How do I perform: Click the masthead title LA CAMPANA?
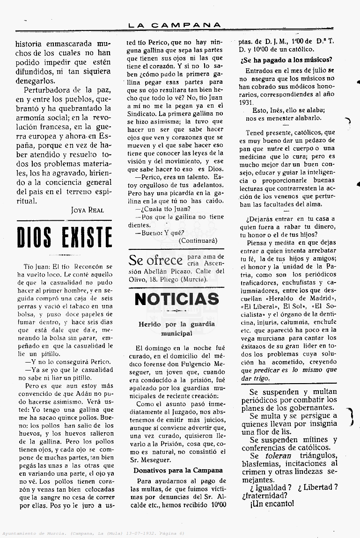pyautogui.click(x=175, y=25)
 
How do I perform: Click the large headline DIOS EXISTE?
pyautogui.click(x=64, y=237)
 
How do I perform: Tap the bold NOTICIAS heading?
pyautogui.click(x=176, y=298)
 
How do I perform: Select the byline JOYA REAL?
pyautogui.click(x=91, y=210)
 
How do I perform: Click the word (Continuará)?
pyautogui.click(x=198, y=240)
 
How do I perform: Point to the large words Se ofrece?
pyautogui.click(x=155, y=261)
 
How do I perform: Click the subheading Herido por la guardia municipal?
pyautogui.click(x=176, y=328)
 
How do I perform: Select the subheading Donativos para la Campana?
pyautogui.click(x=178, y=470)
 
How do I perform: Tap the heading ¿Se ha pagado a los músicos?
pyautogui.click(x=287, y=59)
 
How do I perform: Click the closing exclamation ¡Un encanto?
pyautogui.click(x=272, y=503)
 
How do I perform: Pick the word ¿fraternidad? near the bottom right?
pyautogui.click(x=265, y=495)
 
